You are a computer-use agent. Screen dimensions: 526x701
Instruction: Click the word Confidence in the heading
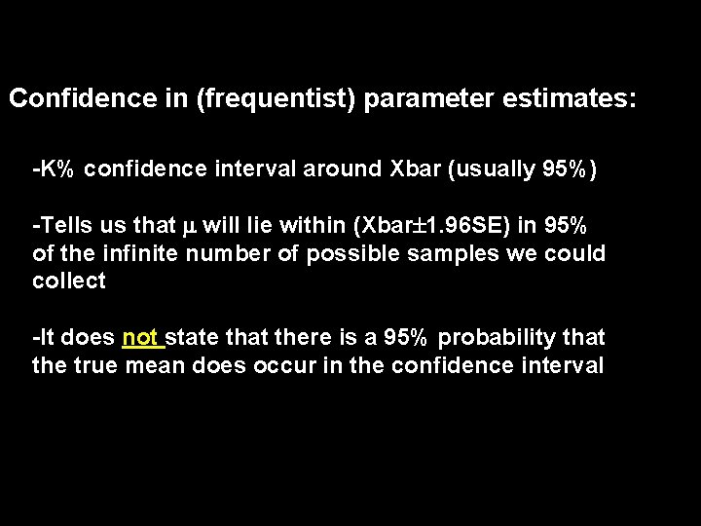point(64,98)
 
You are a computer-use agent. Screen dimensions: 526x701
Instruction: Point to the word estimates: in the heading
point(572,98)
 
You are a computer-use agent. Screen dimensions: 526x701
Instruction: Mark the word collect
point(68,282)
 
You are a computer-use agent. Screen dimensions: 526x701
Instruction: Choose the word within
point(318,226)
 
